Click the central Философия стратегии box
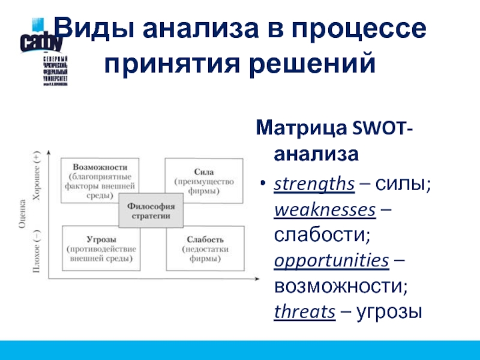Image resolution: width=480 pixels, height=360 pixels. pyautogui.click(x=151, y=211)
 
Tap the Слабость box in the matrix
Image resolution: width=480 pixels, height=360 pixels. pyautogui.click(x=205, y=248)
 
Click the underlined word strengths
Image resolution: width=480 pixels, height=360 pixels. pyautogui.click(x=314, y=185)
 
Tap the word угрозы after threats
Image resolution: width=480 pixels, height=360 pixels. pyautogui.click(x=389, y=311)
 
